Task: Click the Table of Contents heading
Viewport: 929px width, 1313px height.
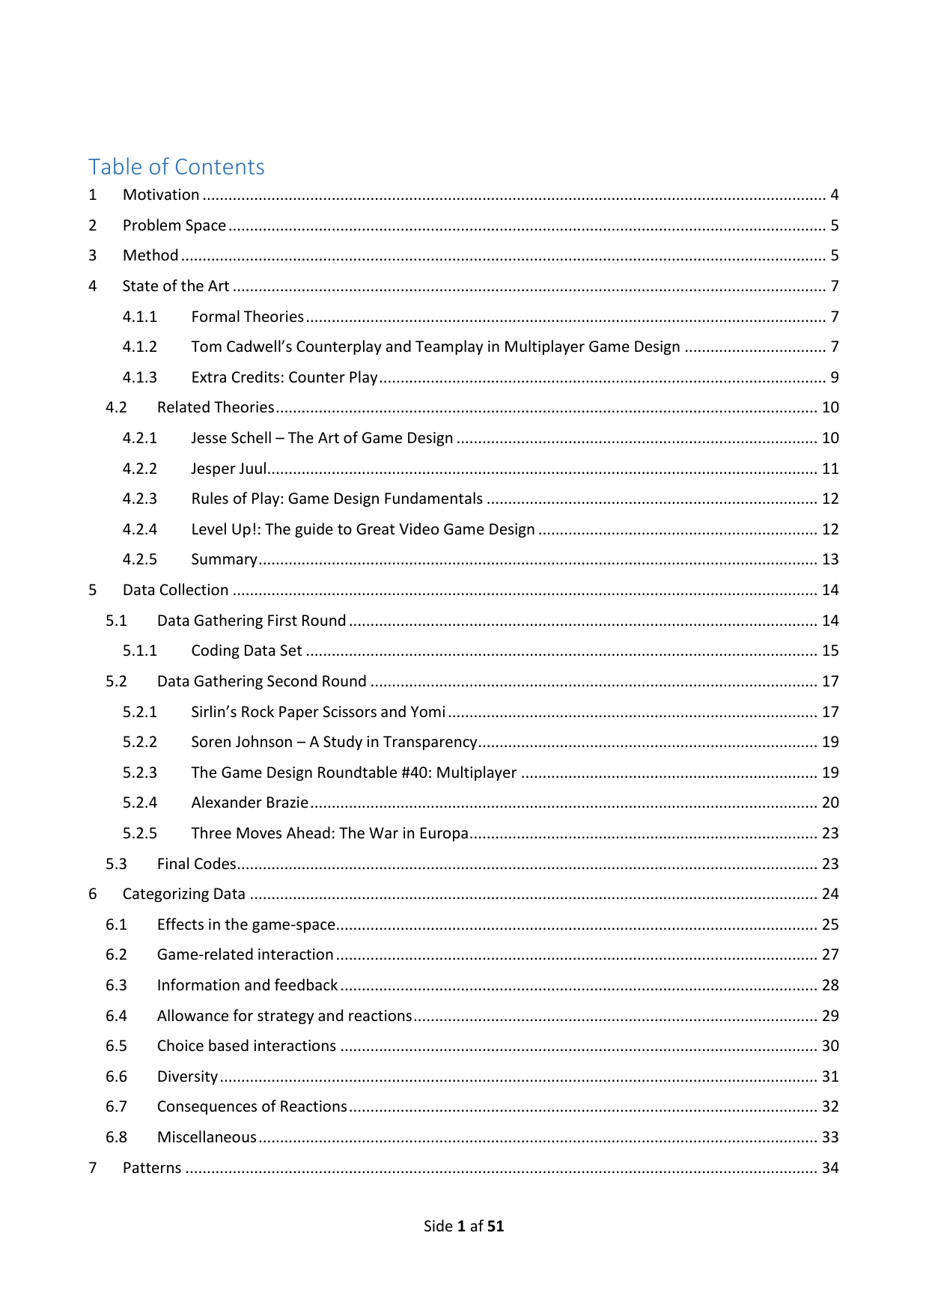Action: coord(177,166)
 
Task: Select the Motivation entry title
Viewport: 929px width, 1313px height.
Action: coord(161,195)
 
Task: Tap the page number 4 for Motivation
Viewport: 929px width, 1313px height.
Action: coord(834,195)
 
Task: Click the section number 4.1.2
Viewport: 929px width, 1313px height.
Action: coord(140,347)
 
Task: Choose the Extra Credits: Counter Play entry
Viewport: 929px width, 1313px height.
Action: coord(284,377)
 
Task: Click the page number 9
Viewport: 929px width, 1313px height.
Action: coord(834,377)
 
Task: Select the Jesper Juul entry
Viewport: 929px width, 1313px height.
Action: coord(228,469)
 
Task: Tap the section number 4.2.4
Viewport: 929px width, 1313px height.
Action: coord(140,529)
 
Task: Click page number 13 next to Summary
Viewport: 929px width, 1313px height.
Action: coord(830,559)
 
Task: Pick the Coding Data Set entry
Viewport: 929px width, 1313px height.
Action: coord(246,651)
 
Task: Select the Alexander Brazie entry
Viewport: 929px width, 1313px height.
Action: coord(249,802)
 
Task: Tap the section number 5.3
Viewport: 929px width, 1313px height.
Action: coord(116,864)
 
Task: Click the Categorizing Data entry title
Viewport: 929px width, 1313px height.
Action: coord(183,894)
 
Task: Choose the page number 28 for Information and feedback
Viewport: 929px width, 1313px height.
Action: coord(830,985)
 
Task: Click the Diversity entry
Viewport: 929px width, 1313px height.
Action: coord(187,1076)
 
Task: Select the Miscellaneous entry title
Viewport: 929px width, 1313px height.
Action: coord(207,1137)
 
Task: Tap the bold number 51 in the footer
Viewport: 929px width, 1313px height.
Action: coord(495,1226)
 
